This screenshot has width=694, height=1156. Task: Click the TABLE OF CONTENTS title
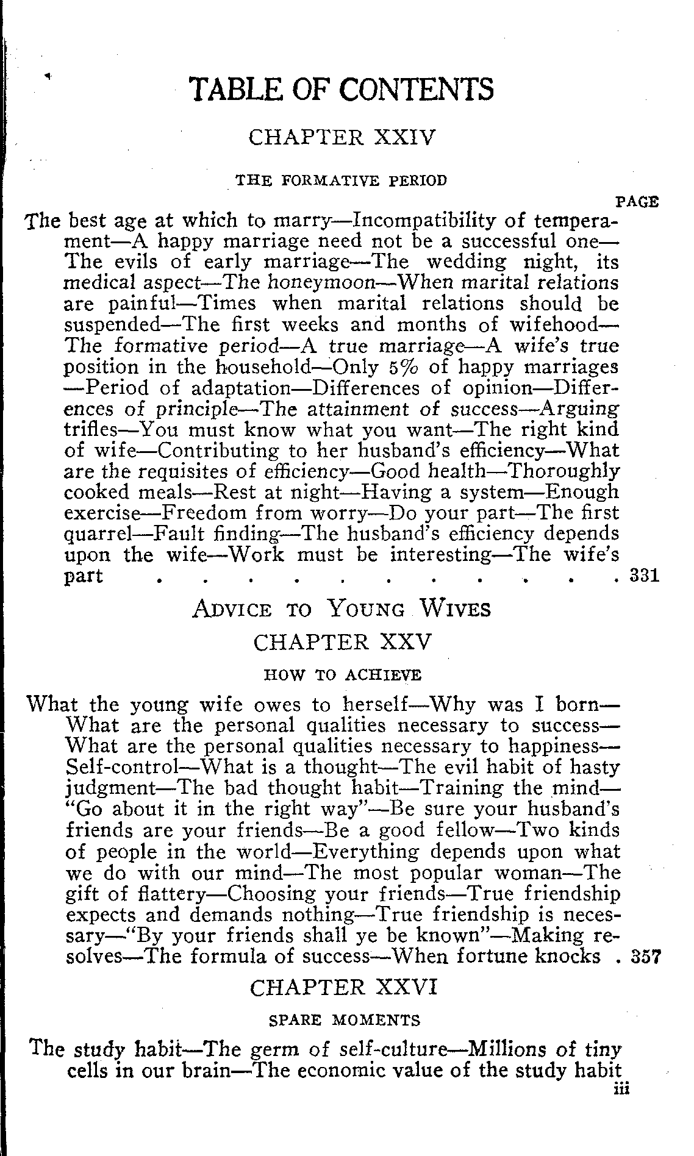click(x=342, y=90)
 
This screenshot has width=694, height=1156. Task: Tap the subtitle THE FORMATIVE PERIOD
click(x=342, y=180)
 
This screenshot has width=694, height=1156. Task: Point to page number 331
click(x=644, y=575)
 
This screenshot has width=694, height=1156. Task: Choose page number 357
click(x=644, y=955)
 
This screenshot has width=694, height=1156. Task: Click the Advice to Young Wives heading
click(x=342, y=609)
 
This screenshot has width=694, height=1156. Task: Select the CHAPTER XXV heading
click(x=343, y=642)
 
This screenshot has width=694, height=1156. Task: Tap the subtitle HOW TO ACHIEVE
click(x=343, y=675)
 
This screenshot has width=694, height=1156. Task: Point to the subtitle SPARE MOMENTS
click(x=344, y=1020)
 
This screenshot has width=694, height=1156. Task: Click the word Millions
click(x=502, y=1049)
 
